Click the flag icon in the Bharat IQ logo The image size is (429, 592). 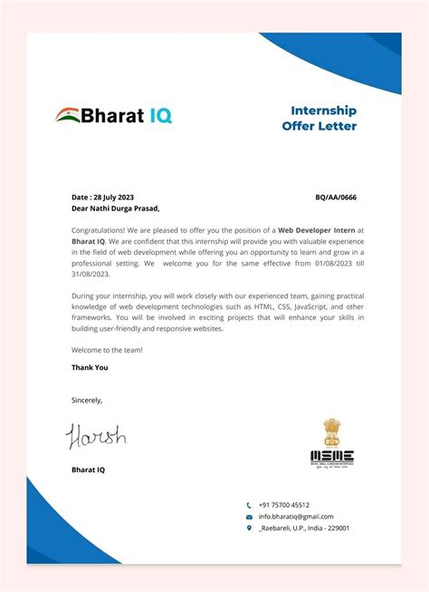[x=68, y=114]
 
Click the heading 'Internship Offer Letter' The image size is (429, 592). [x=324, y=118]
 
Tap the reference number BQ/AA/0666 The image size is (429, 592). [x=336, y=196]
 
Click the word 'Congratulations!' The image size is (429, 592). [x=100, y=231]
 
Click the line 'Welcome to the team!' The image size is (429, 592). [x=107, y=349]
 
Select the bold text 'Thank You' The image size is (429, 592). [x=90, y=367]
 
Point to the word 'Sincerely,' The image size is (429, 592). [x=87, y=399]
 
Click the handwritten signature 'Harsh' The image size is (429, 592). [x=95, y=438]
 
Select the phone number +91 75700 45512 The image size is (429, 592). [x=284, y=505]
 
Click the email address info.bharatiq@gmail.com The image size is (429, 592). [x=296, y=517]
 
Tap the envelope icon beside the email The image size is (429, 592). [x=249, y=517]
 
